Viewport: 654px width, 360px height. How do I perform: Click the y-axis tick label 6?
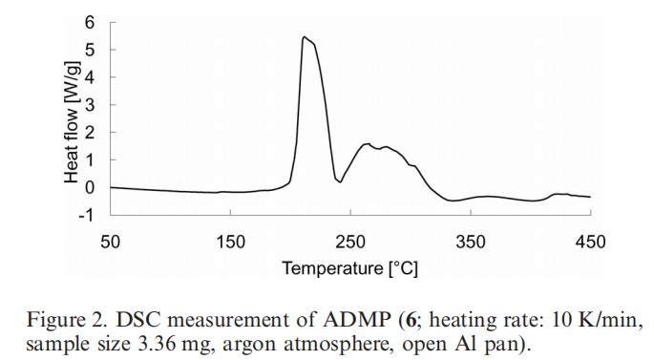point(90,21)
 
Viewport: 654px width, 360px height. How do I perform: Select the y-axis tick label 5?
point(90,49)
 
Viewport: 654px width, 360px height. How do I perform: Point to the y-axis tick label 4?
point(90,76)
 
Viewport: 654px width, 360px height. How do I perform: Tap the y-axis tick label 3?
point(90,104)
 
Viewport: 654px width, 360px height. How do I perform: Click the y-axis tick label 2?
point(90,132)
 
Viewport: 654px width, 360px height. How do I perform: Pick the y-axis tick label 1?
point(90,159)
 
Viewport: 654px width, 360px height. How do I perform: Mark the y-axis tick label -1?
point(87,215)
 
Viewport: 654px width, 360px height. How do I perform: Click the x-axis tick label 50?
point(111,243)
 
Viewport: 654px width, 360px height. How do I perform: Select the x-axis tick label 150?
point(231,243)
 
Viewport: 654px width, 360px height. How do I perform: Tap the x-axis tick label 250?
point(350,243)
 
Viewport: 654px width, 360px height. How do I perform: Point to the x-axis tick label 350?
point(471,243)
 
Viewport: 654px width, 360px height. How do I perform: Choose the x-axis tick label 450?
point(590,243)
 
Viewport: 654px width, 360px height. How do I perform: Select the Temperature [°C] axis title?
point(349,268)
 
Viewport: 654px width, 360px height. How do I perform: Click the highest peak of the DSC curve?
point(304,37)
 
